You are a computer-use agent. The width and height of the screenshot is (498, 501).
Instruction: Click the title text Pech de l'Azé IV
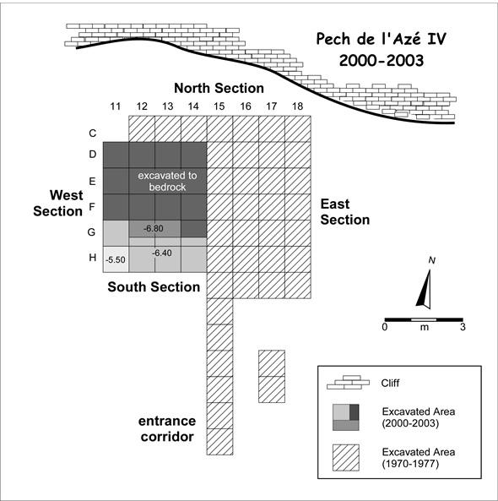coord(381,40)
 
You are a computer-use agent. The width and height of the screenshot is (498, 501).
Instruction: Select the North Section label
coord(219,88)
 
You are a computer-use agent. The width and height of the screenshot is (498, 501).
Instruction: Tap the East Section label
coord(345,212)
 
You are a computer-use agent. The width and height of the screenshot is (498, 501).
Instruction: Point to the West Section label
coord(58,204)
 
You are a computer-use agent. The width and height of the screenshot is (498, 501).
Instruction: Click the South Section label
coord(154,287)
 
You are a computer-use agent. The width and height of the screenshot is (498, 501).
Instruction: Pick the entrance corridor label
coord(167,429)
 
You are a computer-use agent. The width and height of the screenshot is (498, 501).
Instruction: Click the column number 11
coord(116,106)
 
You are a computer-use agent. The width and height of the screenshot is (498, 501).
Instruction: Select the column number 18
coord(297,106)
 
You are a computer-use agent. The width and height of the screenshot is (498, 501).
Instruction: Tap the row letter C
coord(93,133)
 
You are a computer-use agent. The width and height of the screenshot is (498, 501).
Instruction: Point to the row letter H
coord(93,257)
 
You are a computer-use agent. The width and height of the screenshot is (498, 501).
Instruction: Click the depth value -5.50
coord(116,260)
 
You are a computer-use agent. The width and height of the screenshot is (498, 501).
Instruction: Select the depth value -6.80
coord(154,228)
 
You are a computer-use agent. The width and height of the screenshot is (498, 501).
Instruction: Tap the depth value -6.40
coord(161,253)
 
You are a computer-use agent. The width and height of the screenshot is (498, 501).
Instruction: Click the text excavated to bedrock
coord(167,181)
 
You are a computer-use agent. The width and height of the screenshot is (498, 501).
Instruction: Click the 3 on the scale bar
coord(463,327)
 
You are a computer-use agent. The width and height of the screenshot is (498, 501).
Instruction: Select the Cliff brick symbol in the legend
coord(348,383)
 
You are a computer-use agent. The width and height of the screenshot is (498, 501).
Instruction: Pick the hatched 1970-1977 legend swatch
coord(346,458)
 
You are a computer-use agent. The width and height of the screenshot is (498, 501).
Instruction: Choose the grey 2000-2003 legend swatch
coord(346,417)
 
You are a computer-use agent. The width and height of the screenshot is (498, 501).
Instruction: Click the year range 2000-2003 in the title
coord(382,61)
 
